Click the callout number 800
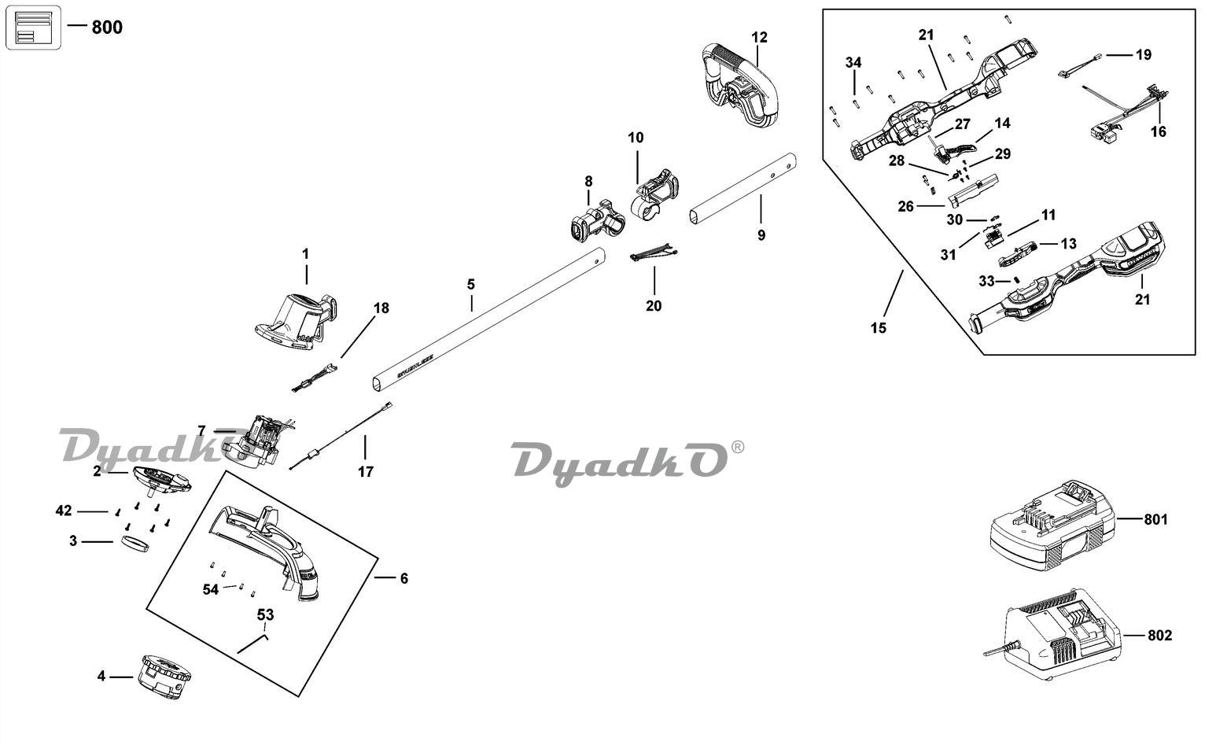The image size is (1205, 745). click(x=107, y=27)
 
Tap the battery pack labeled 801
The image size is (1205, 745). click(x=1052, y=526)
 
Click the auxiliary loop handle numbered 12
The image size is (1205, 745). click(x=739, y=87)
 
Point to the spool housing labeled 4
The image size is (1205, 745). click(x=165, y=676)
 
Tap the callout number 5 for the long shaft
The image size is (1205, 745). click(x=470, y=284)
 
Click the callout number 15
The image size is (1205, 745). click(x=879, y=327)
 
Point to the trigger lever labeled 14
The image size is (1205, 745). click(x=956, y=148)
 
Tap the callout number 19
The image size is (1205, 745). click(x=1143, y=54)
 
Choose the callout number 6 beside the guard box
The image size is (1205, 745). click(x=404, y=578)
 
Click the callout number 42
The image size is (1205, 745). click(x=64, y=511)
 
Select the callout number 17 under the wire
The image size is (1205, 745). click(x=365, y=471)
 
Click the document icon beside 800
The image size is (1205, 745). click(x=33, y=27)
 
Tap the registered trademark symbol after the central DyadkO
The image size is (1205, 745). click(x=737, y=446)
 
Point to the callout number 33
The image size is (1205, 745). click(x=986, y=281)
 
